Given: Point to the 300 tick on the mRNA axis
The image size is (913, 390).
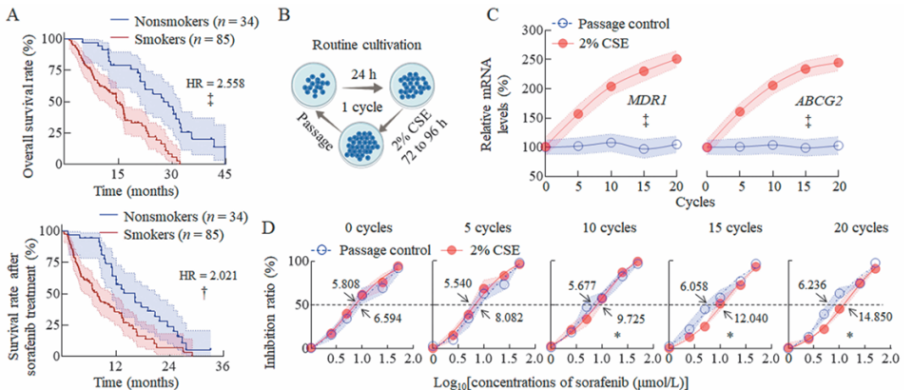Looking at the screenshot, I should pyautogui.click(x=526, y=31).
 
